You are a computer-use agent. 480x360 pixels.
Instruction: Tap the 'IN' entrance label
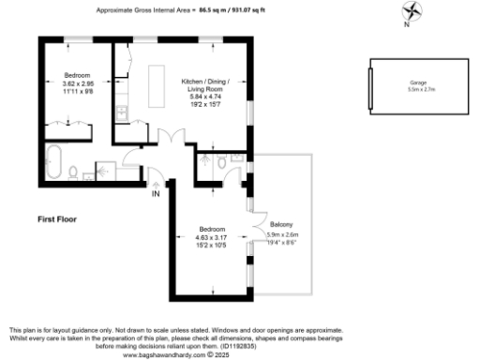coord(156,194)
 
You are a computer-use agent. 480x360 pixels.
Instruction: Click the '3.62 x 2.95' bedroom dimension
coord(77,83)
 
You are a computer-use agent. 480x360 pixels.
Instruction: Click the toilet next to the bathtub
coord(77,171)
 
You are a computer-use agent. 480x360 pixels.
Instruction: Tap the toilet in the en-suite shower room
coord(221,161)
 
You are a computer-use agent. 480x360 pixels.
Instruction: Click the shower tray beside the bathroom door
coord(106,170)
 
